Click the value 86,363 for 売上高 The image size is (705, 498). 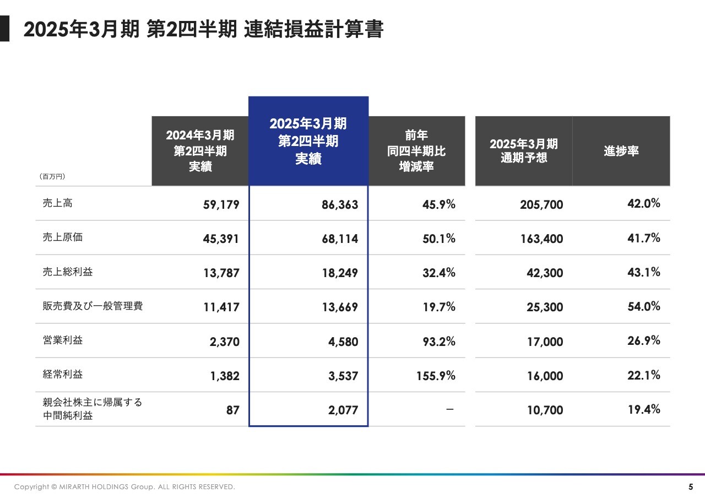click(340, 205)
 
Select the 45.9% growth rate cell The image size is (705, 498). click(439, 204)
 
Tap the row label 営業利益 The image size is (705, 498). click(62, 340)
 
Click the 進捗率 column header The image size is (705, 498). click(621, 151)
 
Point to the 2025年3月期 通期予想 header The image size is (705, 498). click(523, 151)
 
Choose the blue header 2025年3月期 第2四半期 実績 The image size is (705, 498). click(308, 141)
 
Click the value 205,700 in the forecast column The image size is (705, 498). click(541, 205)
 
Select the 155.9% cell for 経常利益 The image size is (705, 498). click(436, 376)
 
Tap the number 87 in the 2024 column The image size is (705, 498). click(232, 410)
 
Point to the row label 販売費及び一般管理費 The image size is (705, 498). click(93, 306)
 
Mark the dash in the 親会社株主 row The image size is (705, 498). click(450, 410)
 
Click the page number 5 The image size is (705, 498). click(691, 487)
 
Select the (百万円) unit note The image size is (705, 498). click(52, 177)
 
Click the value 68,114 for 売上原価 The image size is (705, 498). click(340, 239)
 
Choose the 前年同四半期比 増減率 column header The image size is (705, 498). click(416, 151)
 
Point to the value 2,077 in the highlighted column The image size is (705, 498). click(343, 410)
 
